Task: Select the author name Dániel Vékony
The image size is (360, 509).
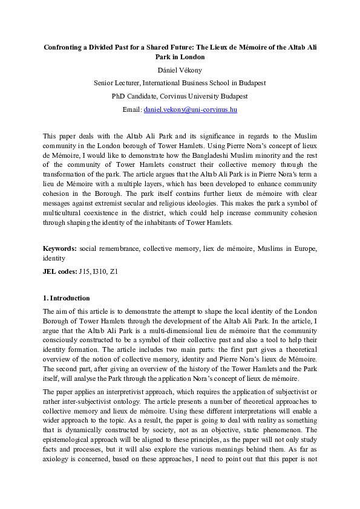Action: [180, 70]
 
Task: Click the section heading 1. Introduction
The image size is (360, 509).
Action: [66, 298]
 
